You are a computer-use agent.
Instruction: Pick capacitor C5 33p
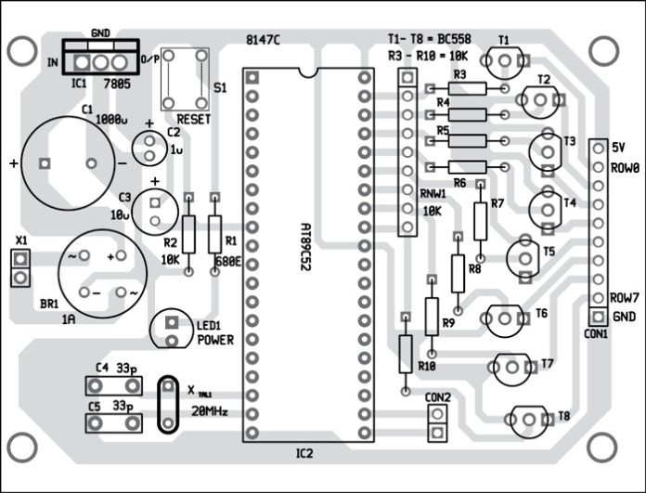110,422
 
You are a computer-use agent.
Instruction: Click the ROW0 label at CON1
626,170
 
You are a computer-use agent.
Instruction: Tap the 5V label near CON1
621,148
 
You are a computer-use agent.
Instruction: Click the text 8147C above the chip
265,40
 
